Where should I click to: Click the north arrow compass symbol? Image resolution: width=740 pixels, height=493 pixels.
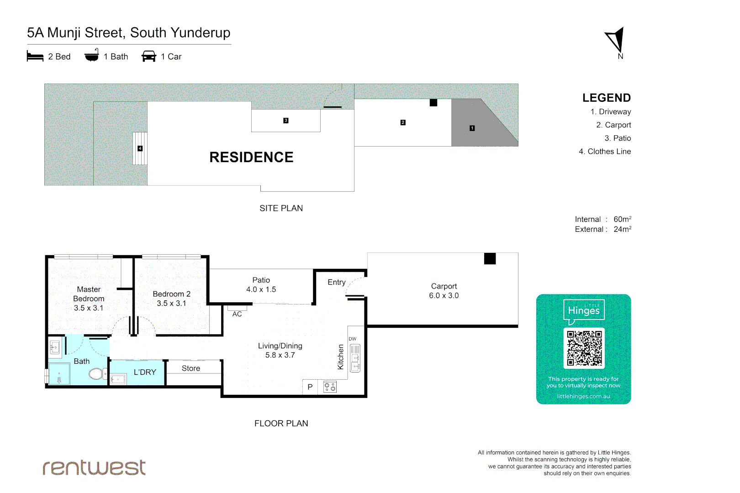pyautogui.click(x=616, y=40)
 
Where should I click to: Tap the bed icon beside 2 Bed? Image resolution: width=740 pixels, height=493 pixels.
pyautogui.click(x=35, y=57)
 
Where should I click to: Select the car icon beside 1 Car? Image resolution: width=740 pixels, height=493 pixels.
pyautogui.click(x=149, y=57)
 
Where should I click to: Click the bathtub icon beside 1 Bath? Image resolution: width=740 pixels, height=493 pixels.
pyautogui.click(x=92, y=56)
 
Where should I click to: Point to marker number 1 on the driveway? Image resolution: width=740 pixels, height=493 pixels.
pyautogui.click(x=472, y=128)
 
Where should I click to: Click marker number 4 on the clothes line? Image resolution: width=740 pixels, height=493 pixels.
pyautogui.click(x=140, y=148)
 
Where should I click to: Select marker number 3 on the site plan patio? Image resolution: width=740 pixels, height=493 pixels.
pyautogui.click(x=285, y=121)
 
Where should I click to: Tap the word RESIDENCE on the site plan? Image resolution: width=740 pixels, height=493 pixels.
pyautogui.click(x=251, y=157)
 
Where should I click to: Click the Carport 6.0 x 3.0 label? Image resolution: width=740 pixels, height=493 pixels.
pyautogui.click(x=444, y=291)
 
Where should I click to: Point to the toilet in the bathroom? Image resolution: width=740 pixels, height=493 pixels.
pyautogui.click(x=96, y=374)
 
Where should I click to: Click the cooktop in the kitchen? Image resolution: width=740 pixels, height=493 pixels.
pyautogui.click(x=330, y=387)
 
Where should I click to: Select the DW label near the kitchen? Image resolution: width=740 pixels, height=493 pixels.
pyautogui.click(x=352, y=339)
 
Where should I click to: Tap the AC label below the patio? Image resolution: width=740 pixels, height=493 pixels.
pyautogui.click(x=237, y=314)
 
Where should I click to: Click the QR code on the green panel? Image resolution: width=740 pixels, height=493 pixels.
pyautogui.click(x=584, y=348)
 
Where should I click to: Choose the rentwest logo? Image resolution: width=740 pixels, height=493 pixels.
pyautogui.click(x=94, y=467)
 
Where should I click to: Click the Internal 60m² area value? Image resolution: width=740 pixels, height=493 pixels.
pyautogui.click(x=622, y=219)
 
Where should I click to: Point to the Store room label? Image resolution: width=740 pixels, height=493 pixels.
pyautogui.click(x=191, y=368)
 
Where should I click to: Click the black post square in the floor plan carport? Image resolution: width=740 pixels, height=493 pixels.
pyautogui.click(x=490, y=259)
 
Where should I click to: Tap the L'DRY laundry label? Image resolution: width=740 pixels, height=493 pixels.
pyautogui.click(x=145, y=372)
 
